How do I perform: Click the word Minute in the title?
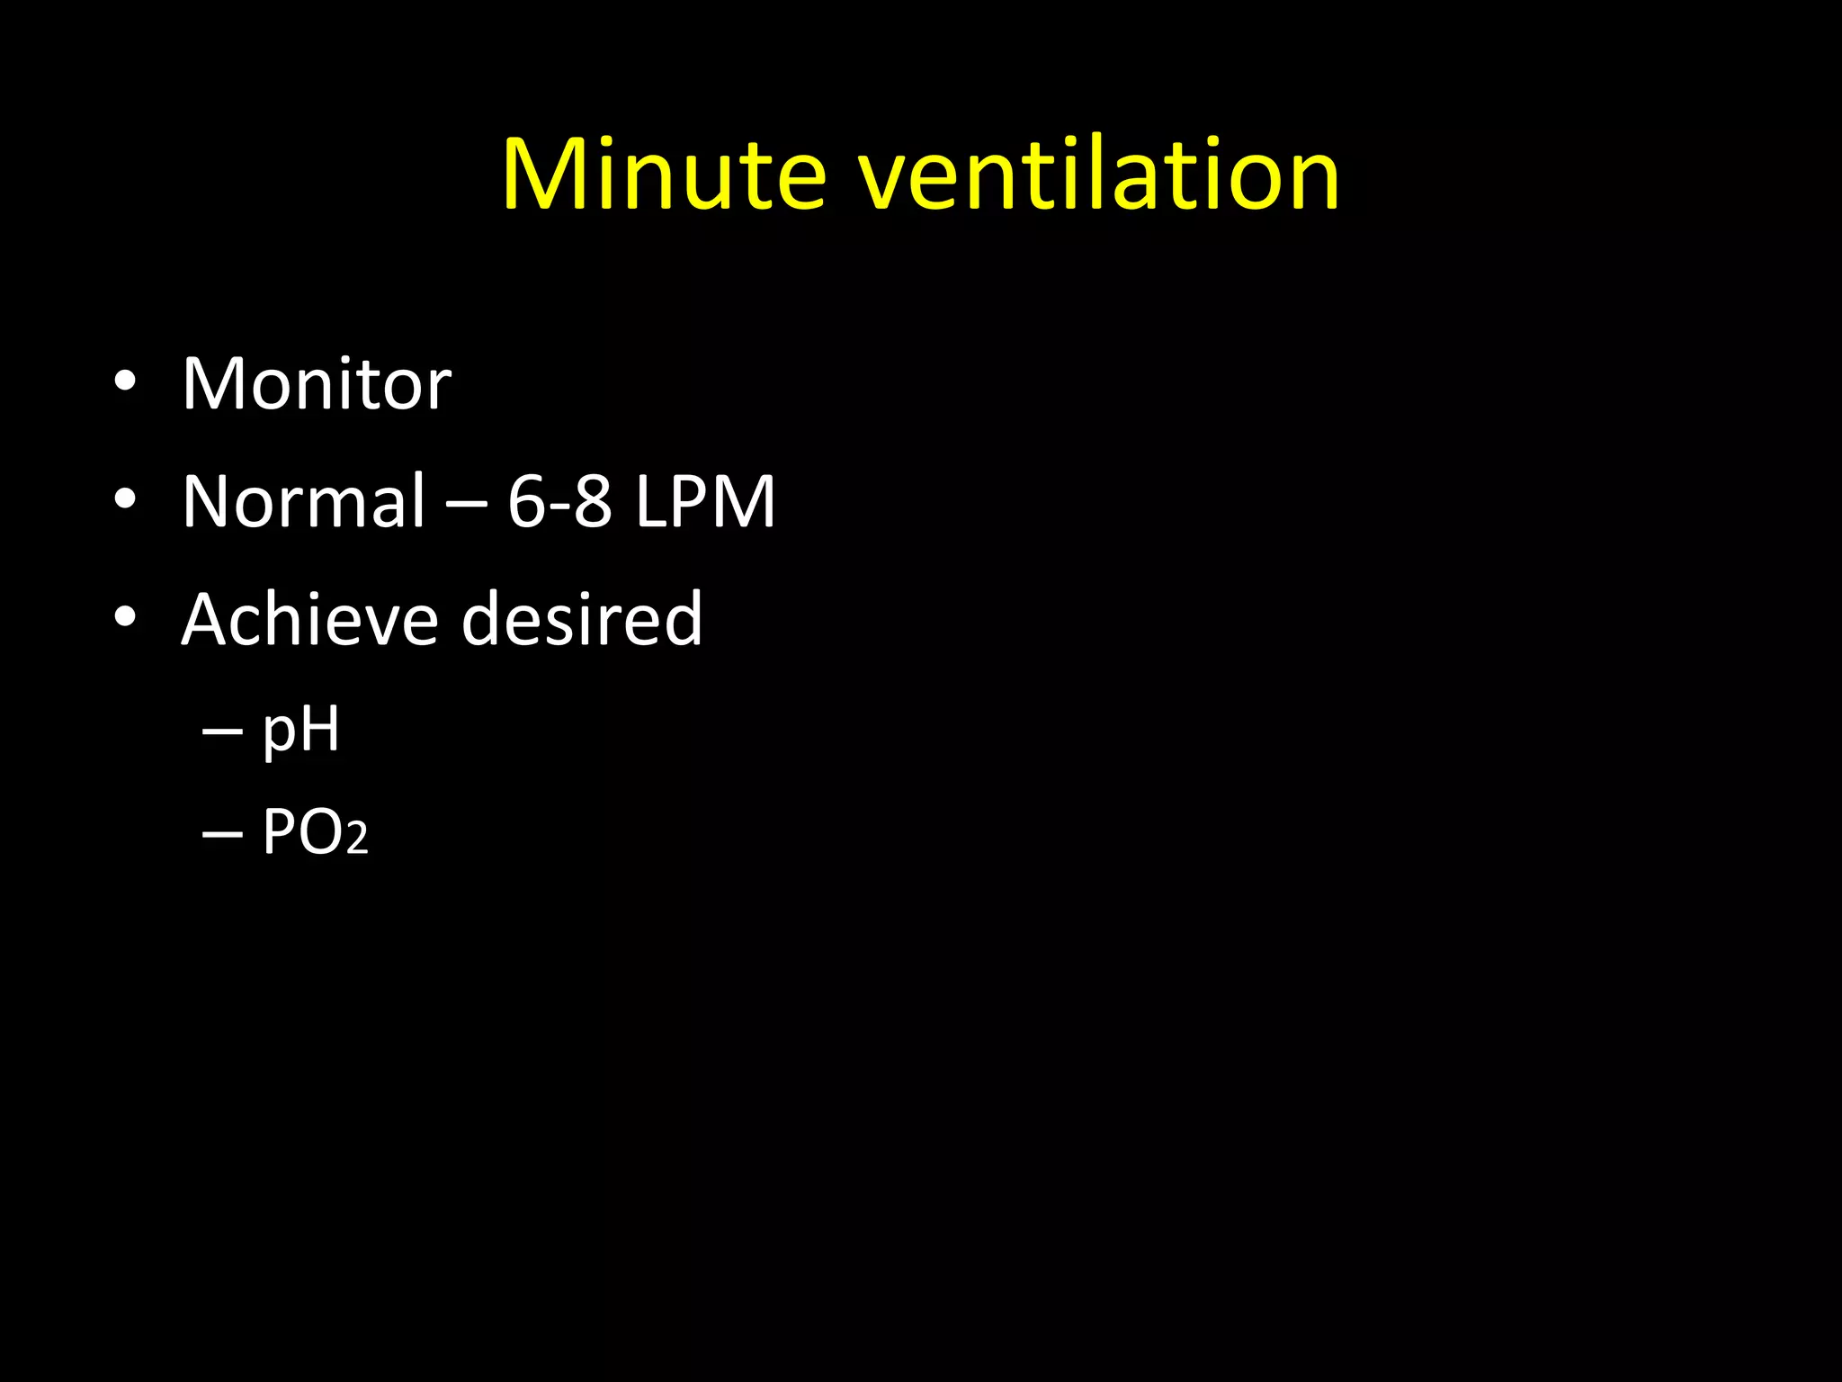click(664, 175)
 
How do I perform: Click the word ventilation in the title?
click(1098, 175)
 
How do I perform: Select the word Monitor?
click(317, 384)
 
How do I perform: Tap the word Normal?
click(303, 501)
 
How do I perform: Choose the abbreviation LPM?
click(704, 502)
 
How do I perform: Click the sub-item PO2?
click(314, 832)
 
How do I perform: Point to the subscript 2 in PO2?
click(357, 839)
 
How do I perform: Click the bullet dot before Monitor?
click(125, 381)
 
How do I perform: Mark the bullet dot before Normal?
click(125, 498)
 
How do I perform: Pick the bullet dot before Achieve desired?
click(125, 616)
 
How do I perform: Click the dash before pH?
click(222, 733)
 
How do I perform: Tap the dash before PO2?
click(222, 836)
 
